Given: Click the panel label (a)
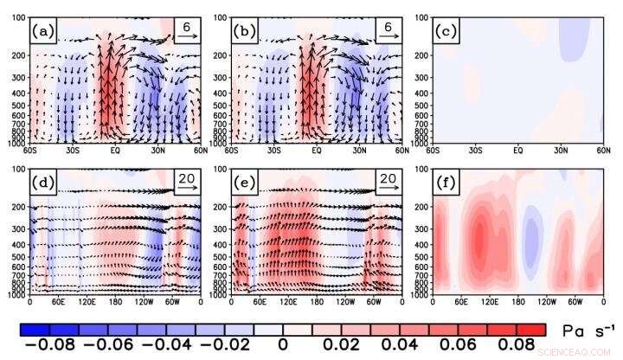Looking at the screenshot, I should [42, 34].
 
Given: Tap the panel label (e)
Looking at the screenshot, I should [245, 184].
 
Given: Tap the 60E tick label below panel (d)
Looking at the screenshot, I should [59, 300].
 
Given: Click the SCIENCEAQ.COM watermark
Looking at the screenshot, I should [573, 353].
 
